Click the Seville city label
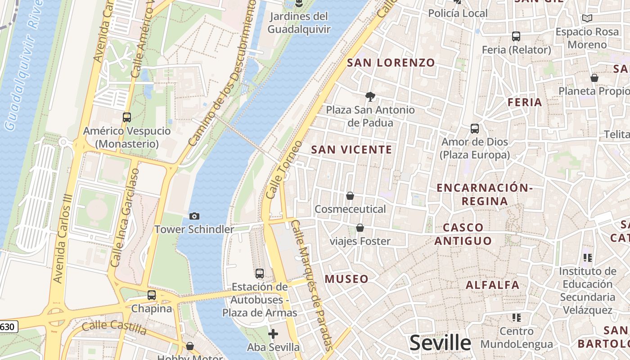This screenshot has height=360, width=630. pos(440,343)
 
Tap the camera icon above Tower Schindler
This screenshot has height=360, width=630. pos(194,216)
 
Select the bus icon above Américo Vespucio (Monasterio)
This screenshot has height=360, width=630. pos(127,117)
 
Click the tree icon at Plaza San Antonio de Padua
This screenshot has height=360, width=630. pos(370,96)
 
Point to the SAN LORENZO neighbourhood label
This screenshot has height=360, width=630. pos(391,63)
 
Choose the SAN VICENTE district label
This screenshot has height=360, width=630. pos(351,150)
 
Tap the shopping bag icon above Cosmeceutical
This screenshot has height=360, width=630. pos(350,196)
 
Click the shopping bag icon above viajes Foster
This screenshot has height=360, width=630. pos(360,228)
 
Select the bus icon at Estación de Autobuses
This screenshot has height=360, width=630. pos(260,273)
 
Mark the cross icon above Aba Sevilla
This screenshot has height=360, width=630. pos(273,334)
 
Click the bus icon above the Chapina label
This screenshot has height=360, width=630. pos(152,295)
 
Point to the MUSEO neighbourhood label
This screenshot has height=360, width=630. pos(346,279)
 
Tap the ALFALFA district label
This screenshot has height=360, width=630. pos(492,285)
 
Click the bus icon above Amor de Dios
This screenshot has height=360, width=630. pos(475,129)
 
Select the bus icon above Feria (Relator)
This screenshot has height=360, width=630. pos(516,36)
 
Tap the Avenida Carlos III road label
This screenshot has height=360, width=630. pos(63,238)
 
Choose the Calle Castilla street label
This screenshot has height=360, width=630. pos(114,327)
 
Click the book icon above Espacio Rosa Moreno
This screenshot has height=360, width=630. pos(587,18)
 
